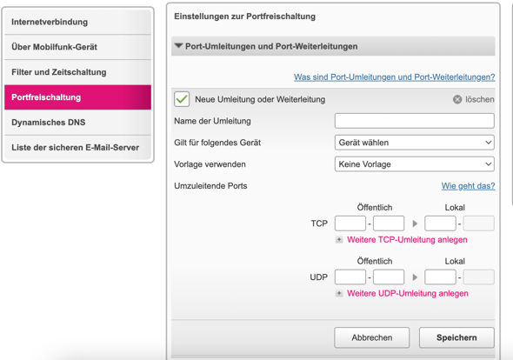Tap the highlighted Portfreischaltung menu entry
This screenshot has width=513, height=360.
(x=78, y=97)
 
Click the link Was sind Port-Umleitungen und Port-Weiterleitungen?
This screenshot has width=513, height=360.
(x=394, y=77)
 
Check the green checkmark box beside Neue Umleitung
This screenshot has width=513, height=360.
(x=182, y=99)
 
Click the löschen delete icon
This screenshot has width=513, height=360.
(x=457, y=99)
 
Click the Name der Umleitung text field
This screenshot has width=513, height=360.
(x=415, y=121)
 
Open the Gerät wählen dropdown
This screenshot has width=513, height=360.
(x=415, y=143)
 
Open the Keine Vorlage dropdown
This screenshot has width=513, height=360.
(x=415, y=164)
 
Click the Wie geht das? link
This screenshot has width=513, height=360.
(x=468, y=186)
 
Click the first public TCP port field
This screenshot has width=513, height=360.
(x=350, y=223)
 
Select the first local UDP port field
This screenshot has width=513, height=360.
(x=440, y=277)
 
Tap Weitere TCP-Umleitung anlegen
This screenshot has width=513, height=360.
(x=407, y=240)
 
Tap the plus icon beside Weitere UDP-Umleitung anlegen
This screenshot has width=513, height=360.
(x=339, y=293)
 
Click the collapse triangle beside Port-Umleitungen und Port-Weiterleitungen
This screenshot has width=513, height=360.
(x=178, y=46)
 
